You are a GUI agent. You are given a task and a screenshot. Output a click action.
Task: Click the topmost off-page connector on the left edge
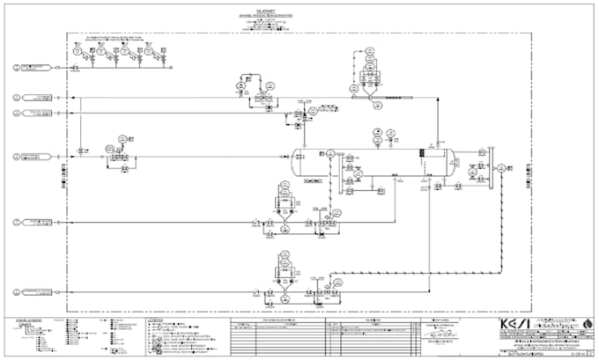(18, 67)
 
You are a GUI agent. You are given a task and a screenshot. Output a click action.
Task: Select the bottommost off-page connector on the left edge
(18, 291)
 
